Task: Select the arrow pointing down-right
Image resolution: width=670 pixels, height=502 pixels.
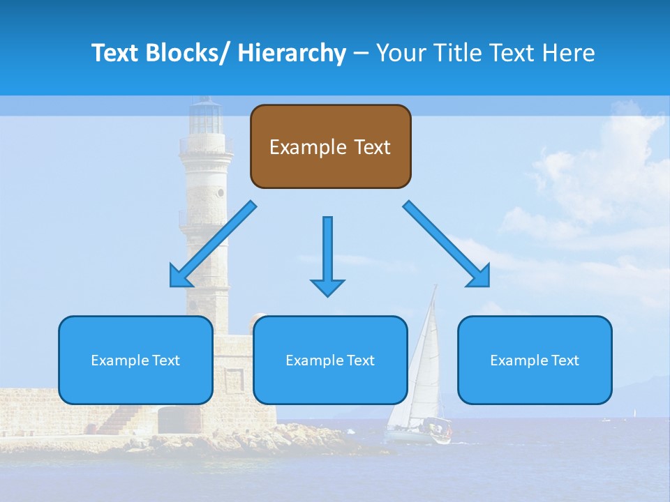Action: click(x=447, y=245)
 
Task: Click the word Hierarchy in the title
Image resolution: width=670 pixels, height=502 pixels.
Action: click(x=292, y=53)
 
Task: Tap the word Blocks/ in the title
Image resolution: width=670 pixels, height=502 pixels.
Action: click(x=183, y=53)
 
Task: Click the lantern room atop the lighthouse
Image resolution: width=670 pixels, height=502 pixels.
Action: click(x=205, y=117)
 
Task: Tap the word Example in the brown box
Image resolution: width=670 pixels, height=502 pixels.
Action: click(x=302, y=147)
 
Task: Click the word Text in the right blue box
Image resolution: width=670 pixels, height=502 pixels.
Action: click(x=565, y=360)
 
